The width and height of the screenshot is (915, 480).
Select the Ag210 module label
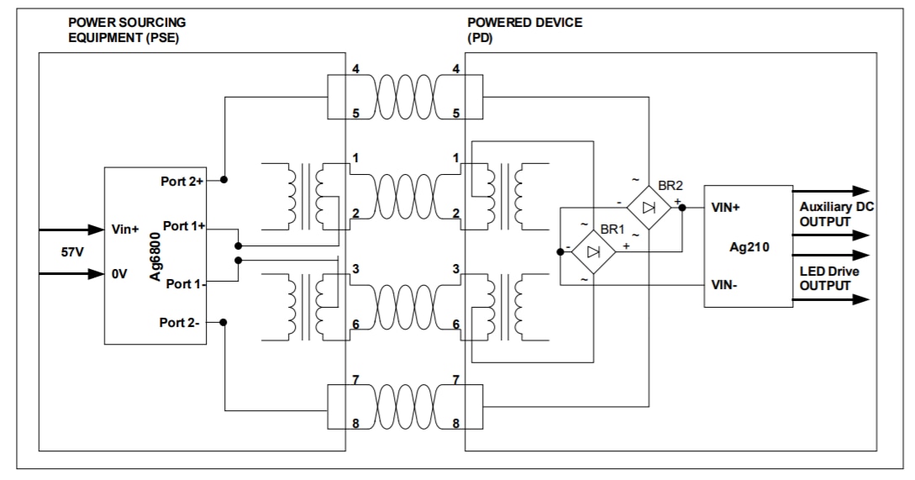pyautogui.click(x=748, y=247)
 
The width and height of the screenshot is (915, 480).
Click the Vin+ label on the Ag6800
pyautogui.click(x=125, y=228)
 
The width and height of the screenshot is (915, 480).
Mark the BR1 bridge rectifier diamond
pyautogui.click(x=593, y=251)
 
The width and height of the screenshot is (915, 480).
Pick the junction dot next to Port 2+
pyautogui.click(x=224, y=180)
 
